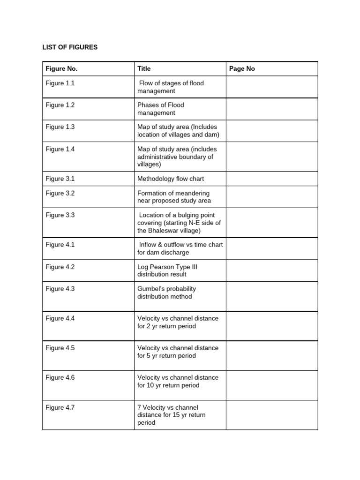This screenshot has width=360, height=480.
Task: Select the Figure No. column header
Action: tap(61, 68)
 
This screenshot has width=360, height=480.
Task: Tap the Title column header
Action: tap(144, 68)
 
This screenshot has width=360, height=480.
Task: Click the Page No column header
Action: tap(242, 68)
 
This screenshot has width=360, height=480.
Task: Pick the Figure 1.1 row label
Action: tap(60, 83)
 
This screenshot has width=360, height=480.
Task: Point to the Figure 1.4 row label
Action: tap(60, 149)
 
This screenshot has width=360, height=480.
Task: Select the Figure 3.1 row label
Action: tap(60, 179)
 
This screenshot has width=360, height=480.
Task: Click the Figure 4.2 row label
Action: tap(60, 267)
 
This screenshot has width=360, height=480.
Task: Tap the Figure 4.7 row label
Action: tap(60, 407)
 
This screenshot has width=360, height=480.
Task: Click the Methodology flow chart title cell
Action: tap(171, 179)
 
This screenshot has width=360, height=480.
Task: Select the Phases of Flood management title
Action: tap(161, 109)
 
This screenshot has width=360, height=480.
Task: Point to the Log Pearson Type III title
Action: tap(167, 270)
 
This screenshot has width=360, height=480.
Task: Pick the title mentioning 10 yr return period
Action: tap(178, 381)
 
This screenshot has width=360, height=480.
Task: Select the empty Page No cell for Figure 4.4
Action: tap(271, 326)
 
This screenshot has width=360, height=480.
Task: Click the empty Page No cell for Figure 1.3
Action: tap(271, 131)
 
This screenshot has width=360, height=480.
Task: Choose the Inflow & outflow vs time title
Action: tap(180, 248)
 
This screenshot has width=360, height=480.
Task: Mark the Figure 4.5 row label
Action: tap(60, 348)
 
